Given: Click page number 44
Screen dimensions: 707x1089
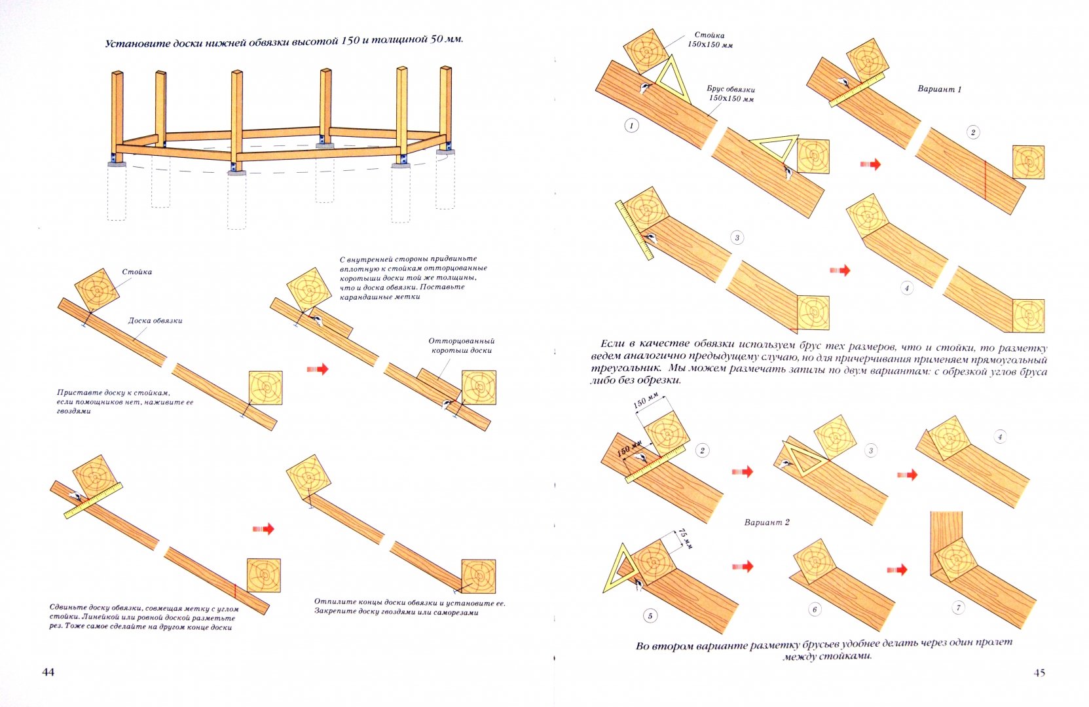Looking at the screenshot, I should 48,672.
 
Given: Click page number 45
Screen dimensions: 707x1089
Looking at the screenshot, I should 1039,672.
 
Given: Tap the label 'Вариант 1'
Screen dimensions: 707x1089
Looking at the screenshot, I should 939,89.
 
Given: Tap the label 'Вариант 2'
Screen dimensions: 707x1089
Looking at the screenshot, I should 767,522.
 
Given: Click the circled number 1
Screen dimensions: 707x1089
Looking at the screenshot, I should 631,125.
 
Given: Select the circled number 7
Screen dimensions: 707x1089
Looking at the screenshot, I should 958,607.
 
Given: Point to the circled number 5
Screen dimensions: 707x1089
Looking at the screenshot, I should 650,615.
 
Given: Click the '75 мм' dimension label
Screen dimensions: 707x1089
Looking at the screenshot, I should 685,537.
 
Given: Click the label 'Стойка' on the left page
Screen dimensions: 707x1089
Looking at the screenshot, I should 137,272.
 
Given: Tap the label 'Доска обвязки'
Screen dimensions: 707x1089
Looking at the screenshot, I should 155,321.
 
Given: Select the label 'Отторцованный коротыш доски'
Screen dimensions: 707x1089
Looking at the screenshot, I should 462,346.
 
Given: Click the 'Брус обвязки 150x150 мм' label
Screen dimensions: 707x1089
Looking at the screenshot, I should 731,94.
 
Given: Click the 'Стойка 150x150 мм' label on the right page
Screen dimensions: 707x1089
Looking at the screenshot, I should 710,40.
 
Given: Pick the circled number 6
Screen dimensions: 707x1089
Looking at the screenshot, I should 815,609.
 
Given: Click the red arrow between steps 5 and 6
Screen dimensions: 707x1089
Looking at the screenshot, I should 743,566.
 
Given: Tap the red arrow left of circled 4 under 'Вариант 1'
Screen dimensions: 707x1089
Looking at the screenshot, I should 840,270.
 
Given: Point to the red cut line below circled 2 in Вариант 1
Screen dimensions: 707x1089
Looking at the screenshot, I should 984,178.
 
